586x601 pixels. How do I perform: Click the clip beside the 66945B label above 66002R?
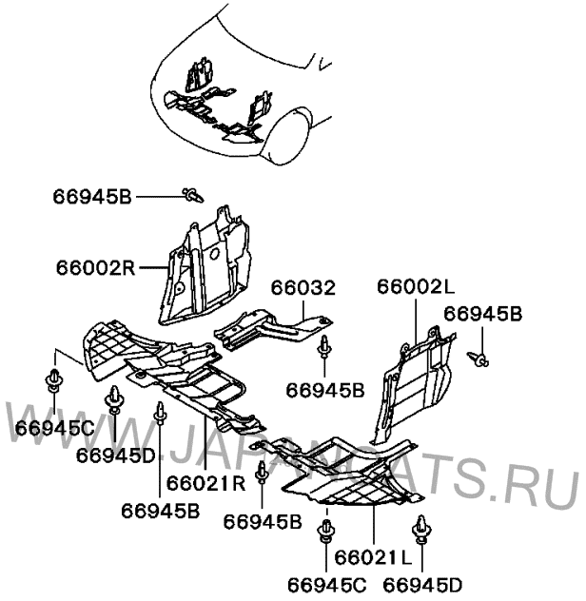[x=193, y=195]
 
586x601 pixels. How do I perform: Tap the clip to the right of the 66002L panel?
[x=481, y=359]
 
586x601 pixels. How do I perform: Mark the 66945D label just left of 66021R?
[x=115, y=455]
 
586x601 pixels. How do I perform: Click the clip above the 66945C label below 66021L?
[x=327, y=526]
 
